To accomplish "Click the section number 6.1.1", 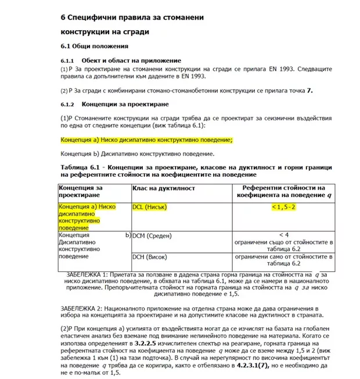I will [x=69, y=60].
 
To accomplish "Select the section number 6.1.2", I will [x=69, y=104].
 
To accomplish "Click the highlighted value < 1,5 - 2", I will [x=280, y=208].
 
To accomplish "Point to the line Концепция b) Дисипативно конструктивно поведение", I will [x=138, y=154].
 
